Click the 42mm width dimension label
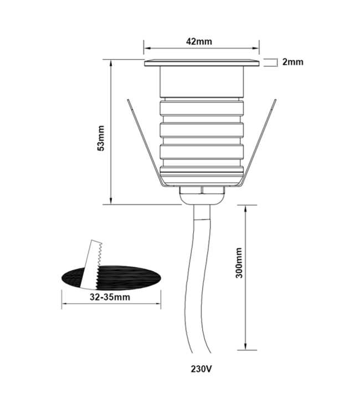[200, 41]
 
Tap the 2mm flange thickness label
[292, 62]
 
